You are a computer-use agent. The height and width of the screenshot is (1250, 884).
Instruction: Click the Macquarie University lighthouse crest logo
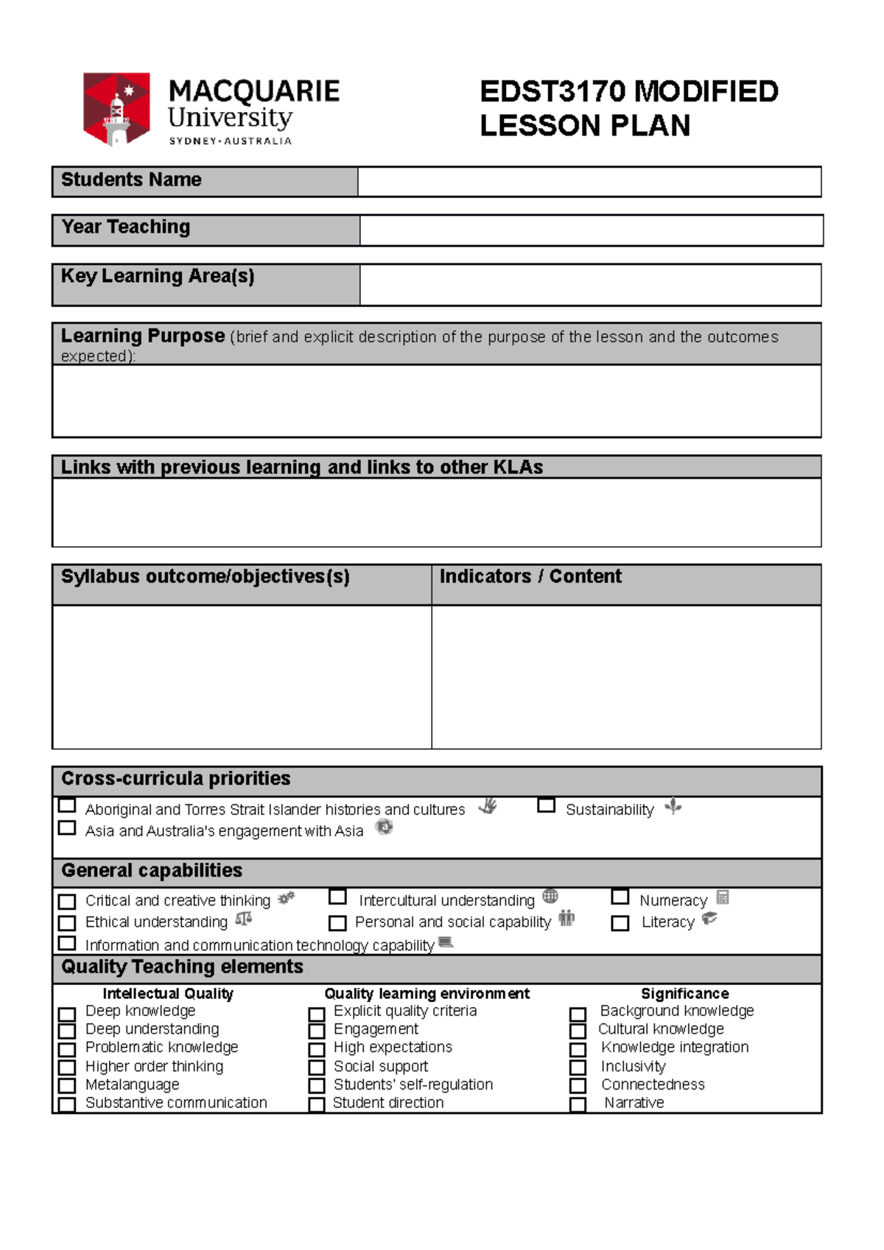pyautogui.click(x=116, y=109)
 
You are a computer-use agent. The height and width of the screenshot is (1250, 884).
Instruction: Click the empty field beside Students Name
pyautogui.click(x=589, y=182)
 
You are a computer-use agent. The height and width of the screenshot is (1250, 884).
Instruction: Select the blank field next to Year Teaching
pyautogui.click(x=591, y=230)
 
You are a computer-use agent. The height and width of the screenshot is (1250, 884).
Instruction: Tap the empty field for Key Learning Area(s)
pyautogui.click(x=590, y=284)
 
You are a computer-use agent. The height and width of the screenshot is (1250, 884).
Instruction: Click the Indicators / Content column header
pyautogui.click(x=530, y=576)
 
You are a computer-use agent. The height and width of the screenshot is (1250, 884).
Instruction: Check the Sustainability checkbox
pyautogui.click(x=546, y=805)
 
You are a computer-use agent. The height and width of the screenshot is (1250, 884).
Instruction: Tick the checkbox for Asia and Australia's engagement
pyautogui.click(x=67, y=827)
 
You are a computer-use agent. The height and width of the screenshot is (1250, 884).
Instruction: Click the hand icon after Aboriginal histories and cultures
pyautogui.click(x=488, y=806)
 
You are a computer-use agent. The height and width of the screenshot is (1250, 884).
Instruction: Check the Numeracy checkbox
pyautogui.click(x=620, y=897)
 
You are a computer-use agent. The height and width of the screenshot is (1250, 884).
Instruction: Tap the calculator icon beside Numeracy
pyautogui.click(x=723, y=897)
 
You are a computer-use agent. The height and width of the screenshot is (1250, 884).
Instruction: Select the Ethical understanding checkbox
pyautogui.click(x=67, y=923)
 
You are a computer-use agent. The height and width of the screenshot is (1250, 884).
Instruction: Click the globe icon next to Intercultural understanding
pyautogui.click(x=550, y=896)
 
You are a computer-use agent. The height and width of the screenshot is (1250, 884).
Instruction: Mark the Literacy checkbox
pyautogui.click(x=620, y=923)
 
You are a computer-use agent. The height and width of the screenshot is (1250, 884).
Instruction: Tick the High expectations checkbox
pyautogui.click(x=317, y=1050)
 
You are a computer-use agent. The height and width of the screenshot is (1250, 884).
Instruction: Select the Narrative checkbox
pyautogui.click(x=578, y=1105)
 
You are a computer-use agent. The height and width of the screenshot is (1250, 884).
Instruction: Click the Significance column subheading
pyautogui.click(x=684, y=993)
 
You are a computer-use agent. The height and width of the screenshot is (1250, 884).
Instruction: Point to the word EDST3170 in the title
pyautogui.click(x=552, y=92)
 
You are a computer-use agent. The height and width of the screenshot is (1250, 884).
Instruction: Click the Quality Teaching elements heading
pyautogui.click(x=182, y=967)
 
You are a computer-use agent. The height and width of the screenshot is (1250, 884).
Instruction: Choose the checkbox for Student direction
pyautogui.click(x=317, y=1105)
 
